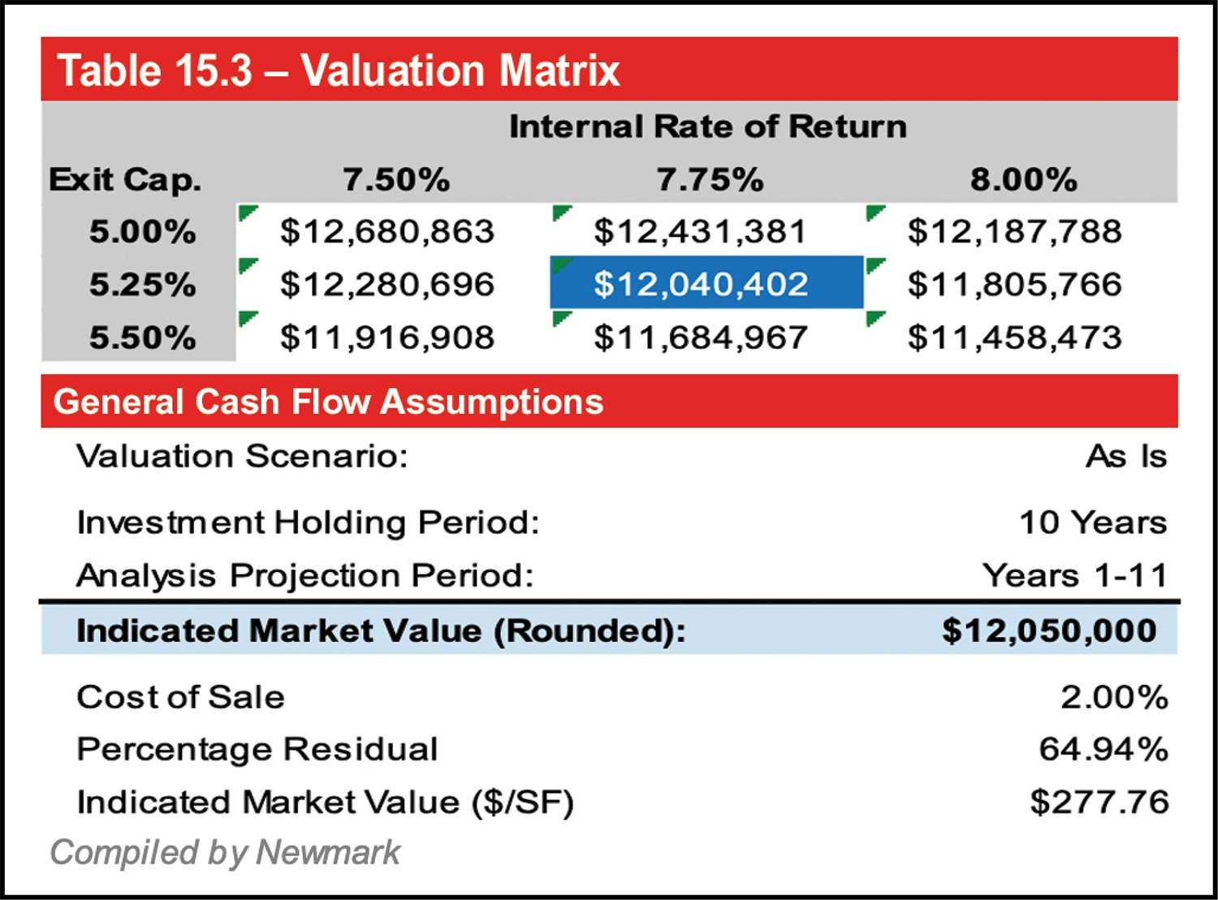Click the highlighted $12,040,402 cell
(x=702, y=284)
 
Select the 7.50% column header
(x=396, y=179)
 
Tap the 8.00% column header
(x=1023, y=179)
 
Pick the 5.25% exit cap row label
(x=143, y=284)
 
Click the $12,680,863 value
(x=387, y=232)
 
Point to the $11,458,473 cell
(x=1015, y=338)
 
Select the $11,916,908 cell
(x=387, y=338)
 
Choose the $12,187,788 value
(x=1015, y=232)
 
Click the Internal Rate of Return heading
(x=707, y=127)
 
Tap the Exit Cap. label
(x=125, y=179)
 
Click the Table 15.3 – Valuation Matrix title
(x=339, y=71)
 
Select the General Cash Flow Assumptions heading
(x=328, y=402)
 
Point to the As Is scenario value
(x=1126, y=456)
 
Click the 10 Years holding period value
(x=1093, y=522)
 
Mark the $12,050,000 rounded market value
(x=1049, y=631)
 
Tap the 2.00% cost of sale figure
(x=1114, y=697)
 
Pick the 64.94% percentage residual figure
(x=1104, y=749)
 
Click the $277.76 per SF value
(x=1099, y=802)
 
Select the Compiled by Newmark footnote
(x=225, y=853)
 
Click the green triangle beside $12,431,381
(x=560, y=213)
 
